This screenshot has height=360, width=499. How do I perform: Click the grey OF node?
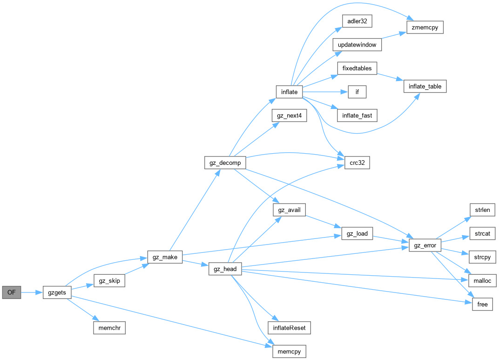12,292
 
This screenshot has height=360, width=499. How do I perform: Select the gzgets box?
57,292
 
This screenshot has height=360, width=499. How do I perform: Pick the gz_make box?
165,257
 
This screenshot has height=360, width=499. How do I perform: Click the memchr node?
109,327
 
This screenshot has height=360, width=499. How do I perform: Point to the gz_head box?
225,269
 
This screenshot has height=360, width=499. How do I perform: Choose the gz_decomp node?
225,163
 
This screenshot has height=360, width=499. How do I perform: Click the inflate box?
289,92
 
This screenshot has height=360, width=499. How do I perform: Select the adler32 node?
355,21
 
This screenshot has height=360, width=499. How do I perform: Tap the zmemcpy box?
425,27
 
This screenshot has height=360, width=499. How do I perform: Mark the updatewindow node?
357,45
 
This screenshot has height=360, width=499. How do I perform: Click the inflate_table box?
425,86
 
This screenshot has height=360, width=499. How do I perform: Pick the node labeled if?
357,92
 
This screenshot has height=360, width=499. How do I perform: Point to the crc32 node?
357,163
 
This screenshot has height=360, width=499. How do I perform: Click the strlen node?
483,210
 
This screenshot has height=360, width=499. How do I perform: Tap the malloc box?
483,280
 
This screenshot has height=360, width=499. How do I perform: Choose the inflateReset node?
289,328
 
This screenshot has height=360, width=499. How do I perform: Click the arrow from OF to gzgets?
32,292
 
